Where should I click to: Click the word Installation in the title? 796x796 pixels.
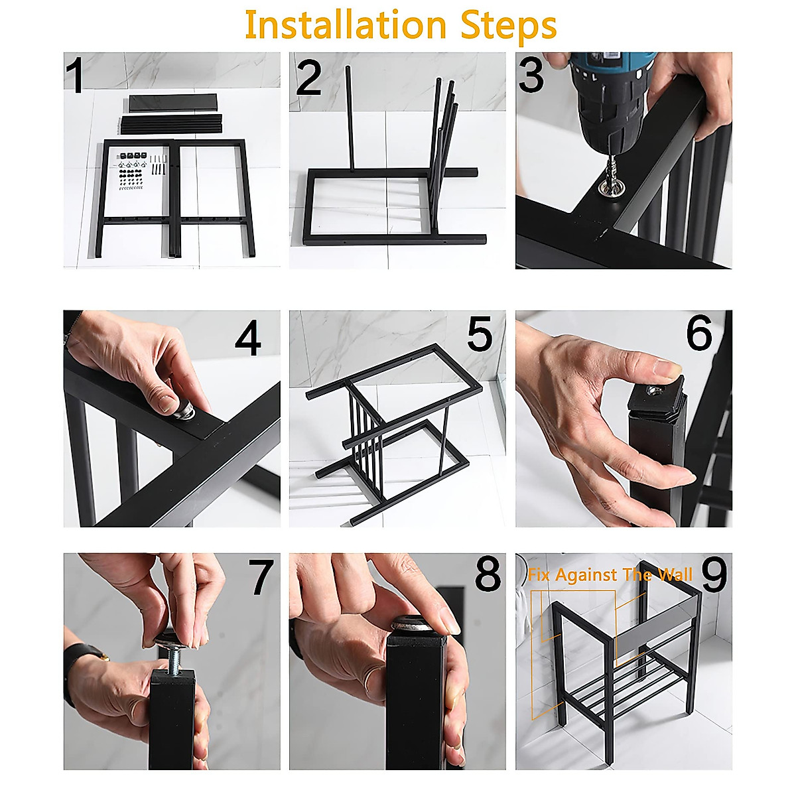click(346, 24)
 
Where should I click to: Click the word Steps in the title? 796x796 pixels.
click(509, 27)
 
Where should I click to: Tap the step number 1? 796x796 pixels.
click(74, 75)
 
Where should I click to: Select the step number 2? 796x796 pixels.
click(308, 77)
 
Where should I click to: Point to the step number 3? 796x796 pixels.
click(531, 75)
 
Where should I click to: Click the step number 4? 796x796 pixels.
click(248, 338)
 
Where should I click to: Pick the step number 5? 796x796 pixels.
click(480, 334)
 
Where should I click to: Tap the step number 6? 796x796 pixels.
click(699, 332)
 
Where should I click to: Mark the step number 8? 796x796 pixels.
click(488, 574)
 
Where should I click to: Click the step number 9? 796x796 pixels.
click(714, 574)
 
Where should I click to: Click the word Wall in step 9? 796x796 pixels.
click(675, 574)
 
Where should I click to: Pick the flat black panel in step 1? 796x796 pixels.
click(172, 102)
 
